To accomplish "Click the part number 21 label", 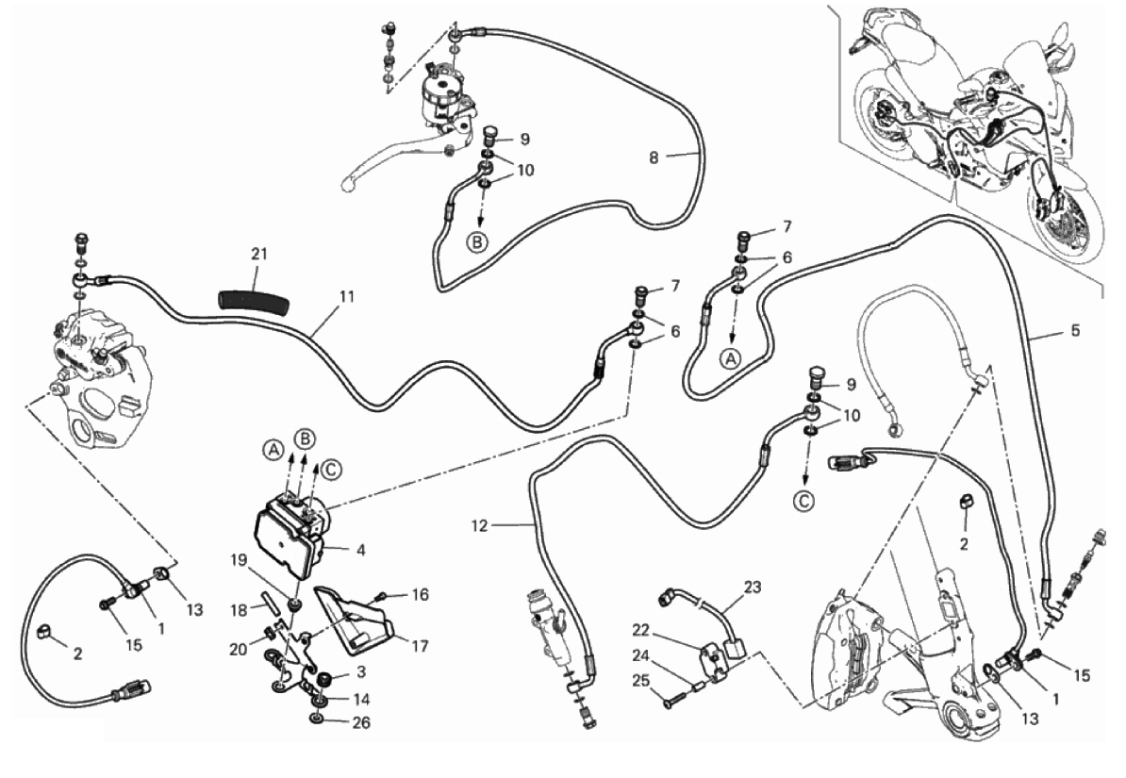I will click(x=259, y=254).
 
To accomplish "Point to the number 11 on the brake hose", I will click(x=347, y=296).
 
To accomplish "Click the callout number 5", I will click(x=1075, y=331).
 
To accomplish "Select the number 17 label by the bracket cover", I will click(x=420, y=647).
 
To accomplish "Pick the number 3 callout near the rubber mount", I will click(x=360, y=670).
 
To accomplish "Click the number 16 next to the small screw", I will click(x=419, y=594).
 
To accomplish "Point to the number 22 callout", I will click(x=668, y=630).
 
